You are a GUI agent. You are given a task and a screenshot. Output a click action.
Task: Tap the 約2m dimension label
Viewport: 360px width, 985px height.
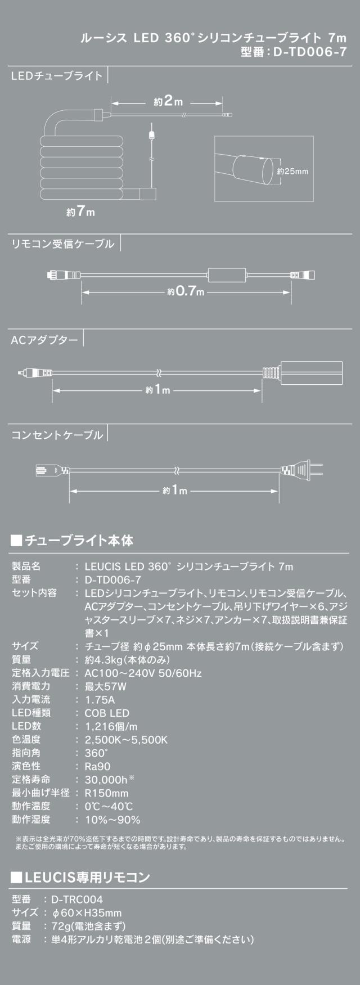tap(168, 102)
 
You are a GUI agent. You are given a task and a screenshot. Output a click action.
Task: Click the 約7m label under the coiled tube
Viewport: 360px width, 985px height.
tap(80, 212)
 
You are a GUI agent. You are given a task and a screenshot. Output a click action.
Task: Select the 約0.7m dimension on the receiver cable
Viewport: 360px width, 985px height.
tap(186, 292)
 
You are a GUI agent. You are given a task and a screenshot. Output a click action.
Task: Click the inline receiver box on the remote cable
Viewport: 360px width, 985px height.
tap(227, 275)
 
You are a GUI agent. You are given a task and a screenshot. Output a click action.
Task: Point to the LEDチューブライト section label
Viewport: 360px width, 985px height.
tap(57, 75)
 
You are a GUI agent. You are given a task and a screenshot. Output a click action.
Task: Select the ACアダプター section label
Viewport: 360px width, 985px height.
tap(44, 340)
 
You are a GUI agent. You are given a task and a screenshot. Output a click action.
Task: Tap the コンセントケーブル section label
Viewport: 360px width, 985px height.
tap(57, 435)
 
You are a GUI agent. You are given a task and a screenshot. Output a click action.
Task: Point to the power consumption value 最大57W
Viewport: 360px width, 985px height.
tap(105, 686)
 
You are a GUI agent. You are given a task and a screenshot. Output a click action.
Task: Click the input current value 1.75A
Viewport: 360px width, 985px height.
tap(100, 700)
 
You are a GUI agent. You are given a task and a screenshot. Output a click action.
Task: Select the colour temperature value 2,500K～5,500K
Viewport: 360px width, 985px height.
tap(126, 740)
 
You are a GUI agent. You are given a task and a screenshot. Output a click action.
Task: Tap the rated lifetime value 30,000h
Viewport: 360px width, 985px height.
tap(106, 780)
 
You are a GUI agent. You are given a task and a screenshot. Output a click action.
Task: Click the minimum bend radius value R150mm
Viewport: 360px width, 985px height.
tap(106, 793)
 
